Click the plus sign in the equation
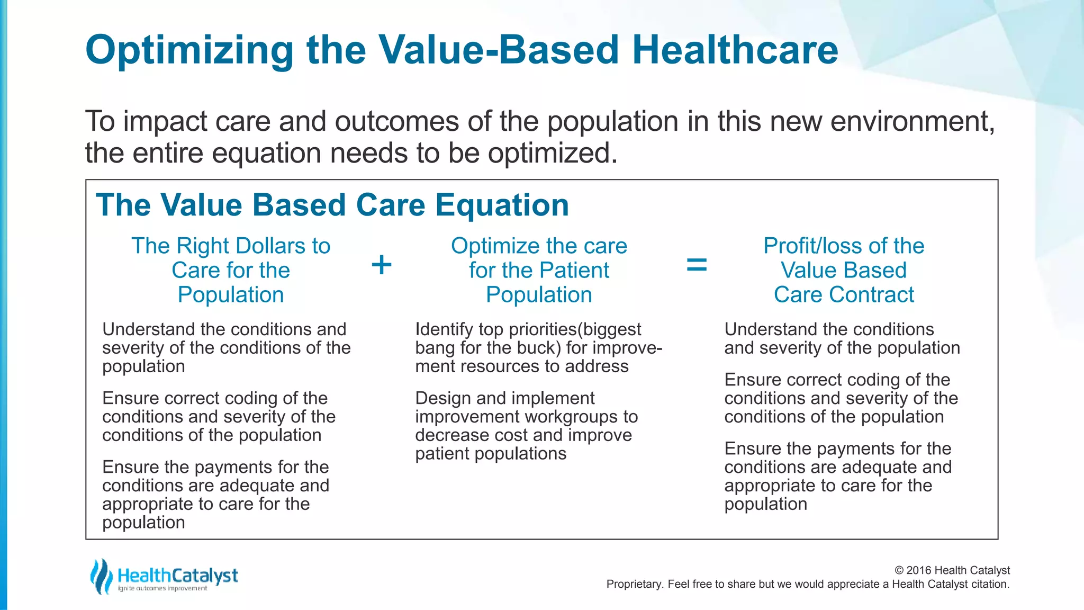(x=382, y=265)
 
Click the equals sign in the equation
(x=697, y=265)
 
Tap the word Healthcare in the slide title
(x=735, y=50)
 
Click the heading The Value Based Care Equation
(x=332, y=205)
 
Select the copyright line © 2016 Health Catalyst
(x=952, y=570)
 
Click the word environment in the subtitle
(x=912, y=122)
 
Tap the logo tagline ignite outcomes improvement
(x=162, y=589)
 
